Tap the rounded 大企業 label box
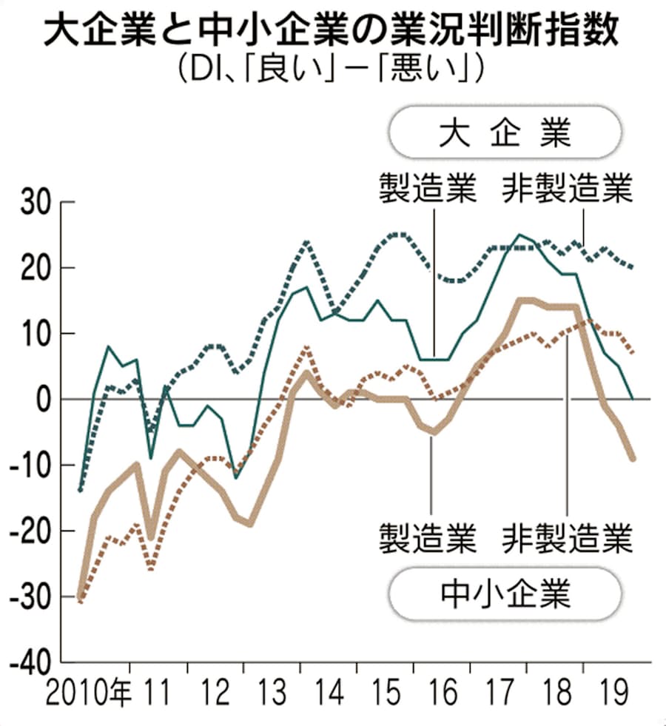(x=505, y=132)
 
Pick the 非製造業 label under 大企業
(x=568, y=189)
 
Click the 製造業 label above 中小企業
(x=427, y=537)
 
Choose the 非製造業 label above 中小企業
(x=568, y=537)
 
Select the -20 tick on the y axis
(x=30, y=531)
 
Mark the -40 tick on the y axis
(x=30, y=663)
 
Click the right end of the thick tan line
(x=633, y=459)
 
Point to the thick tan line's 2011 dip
(x=151, y=538)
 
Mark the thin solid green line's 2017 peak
(x=520, y=235)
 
